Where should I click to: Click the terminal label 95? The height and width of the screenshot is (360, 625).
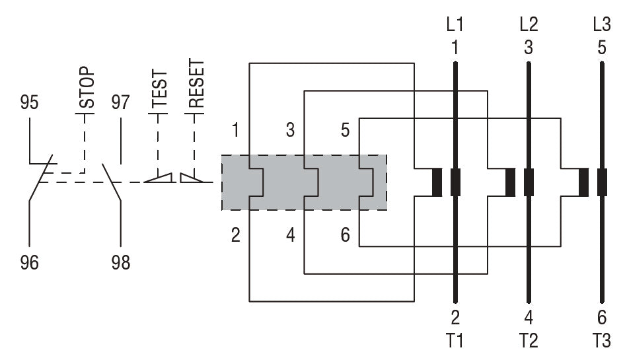(x=29, y=103)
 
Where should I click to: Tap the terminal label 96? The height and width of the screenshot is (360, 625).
(x=29, y=263)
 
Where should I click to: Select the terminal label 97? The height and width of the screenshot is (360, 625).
(x=121, y=103)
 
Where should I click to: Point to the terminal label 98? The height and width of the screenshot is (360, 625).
(x=121, y=263)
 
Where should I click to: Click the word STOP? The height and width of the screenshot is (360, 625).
(x=87, y=87)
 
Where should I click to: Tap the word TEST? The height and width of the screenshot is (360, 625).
(x=159, y=89)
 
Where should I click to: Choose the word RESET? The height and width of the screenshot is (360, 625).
(x=196, y=84)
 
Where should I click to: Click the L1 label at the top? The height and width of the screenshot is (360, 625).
(x=455, y=24)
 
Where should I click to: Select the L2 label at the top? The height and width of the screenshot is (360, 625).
(x=529, y=24)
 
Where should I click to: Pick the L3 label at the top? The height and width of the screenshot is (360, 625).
(x=602, y=24)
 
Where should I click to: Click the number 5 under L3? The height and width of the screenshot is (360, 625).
(x=602, y=48)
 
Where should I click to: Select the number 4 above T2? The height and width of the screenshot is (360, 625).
(x=529, y=318)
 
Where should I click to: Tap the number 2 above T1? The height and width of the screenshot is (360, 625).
(x=455, y=318)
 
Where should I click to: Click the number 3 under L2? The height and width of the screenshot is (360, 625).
(x=529, y=48)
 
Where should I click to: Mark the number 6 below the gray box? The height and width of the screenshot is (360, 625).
(x=345, y=235)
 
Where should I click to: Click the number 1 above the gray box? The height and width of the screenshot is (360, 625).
(x=236, y=130)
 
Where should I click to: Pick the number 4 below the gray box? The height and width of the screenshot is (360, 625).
(x=291, y=235)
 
